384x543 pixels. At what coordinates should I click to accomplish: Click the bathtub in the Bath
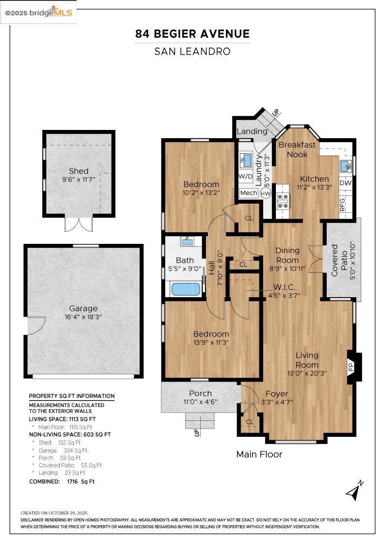186,289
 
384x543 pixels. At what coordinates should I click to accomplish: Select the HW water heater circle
266,193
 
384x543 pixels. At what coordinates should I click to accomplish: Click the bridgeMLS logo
39,12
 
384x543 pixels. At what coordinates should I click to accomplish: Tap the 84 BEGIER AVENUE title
192,34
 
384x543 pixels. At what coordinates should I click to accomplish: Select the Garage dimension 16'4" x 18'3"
83,317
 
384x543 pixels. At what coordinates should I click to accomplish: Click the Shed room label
79,171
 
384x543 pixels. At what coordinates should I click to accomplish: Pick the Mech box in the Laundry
249,193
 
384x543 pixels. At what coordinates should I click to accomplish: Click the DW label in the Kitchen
345,183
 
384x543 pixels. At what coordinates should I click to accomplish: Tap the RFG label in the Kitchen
342,202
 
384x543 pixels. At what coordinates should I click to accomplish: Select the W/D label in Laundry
245,176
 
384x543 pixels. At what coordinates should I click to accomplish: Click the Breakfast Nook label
297,149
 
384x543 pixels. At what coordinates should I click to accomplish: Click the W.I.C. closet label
284,287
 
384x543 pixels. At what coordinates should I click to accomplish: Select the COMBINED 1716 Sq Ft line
62,481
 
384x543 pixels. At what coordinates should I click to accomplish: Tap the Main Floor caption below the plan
259,454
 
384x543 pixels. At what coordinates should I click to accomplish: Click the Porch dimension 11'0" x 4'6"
201,402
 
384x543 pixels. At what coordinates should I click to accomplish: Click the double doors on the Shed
79,224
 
